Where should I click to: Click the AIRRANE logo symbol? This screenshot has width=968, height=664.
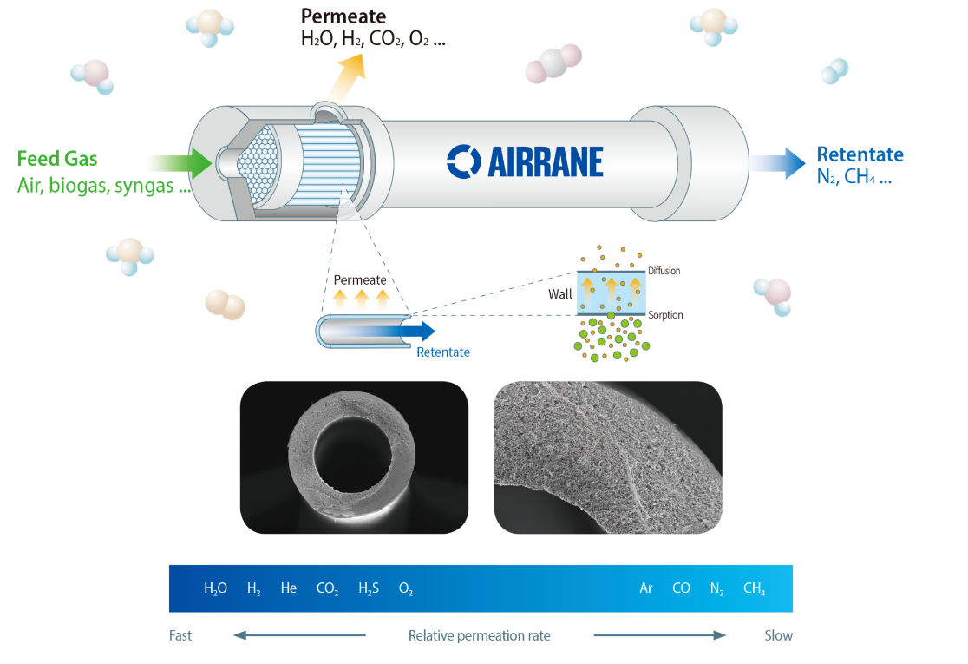pos(463,161)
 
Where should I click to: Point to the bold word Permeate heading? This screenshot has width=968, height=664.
pos(343,16)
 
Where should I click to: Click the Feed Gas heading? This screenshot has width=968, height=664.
pos(57,159)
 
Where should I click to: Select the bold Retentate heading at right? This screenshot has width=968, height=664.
pos(860,155)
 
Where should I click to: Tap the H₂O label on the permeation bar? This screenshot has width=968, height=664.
pos(215,588)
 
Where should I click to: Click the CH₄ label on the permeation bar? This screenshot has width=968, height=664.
pos(754,588)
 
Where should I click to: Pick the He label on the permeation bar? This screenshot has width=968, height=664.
pos(289,588)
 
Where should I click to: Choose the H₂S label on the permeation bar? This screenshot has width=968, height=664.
pos(369,588)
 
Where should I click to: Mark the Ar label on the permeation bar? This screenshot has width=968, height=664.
pos(646,588)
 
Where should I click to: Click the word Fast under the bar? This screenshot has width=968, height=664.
pos(180,635)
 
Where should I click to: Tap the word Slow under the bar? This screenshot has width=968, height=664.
pos(778,635)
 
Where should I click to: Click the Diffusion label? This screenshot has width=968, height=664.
pos(664,272)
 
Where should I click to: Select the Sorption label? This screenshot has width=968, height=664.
pos(665,315)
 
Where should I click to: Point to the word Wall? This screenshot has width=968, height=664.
pos(560,294)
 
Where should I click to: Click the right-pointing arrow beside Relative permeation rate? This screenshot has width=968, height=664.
pos(659,635)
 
